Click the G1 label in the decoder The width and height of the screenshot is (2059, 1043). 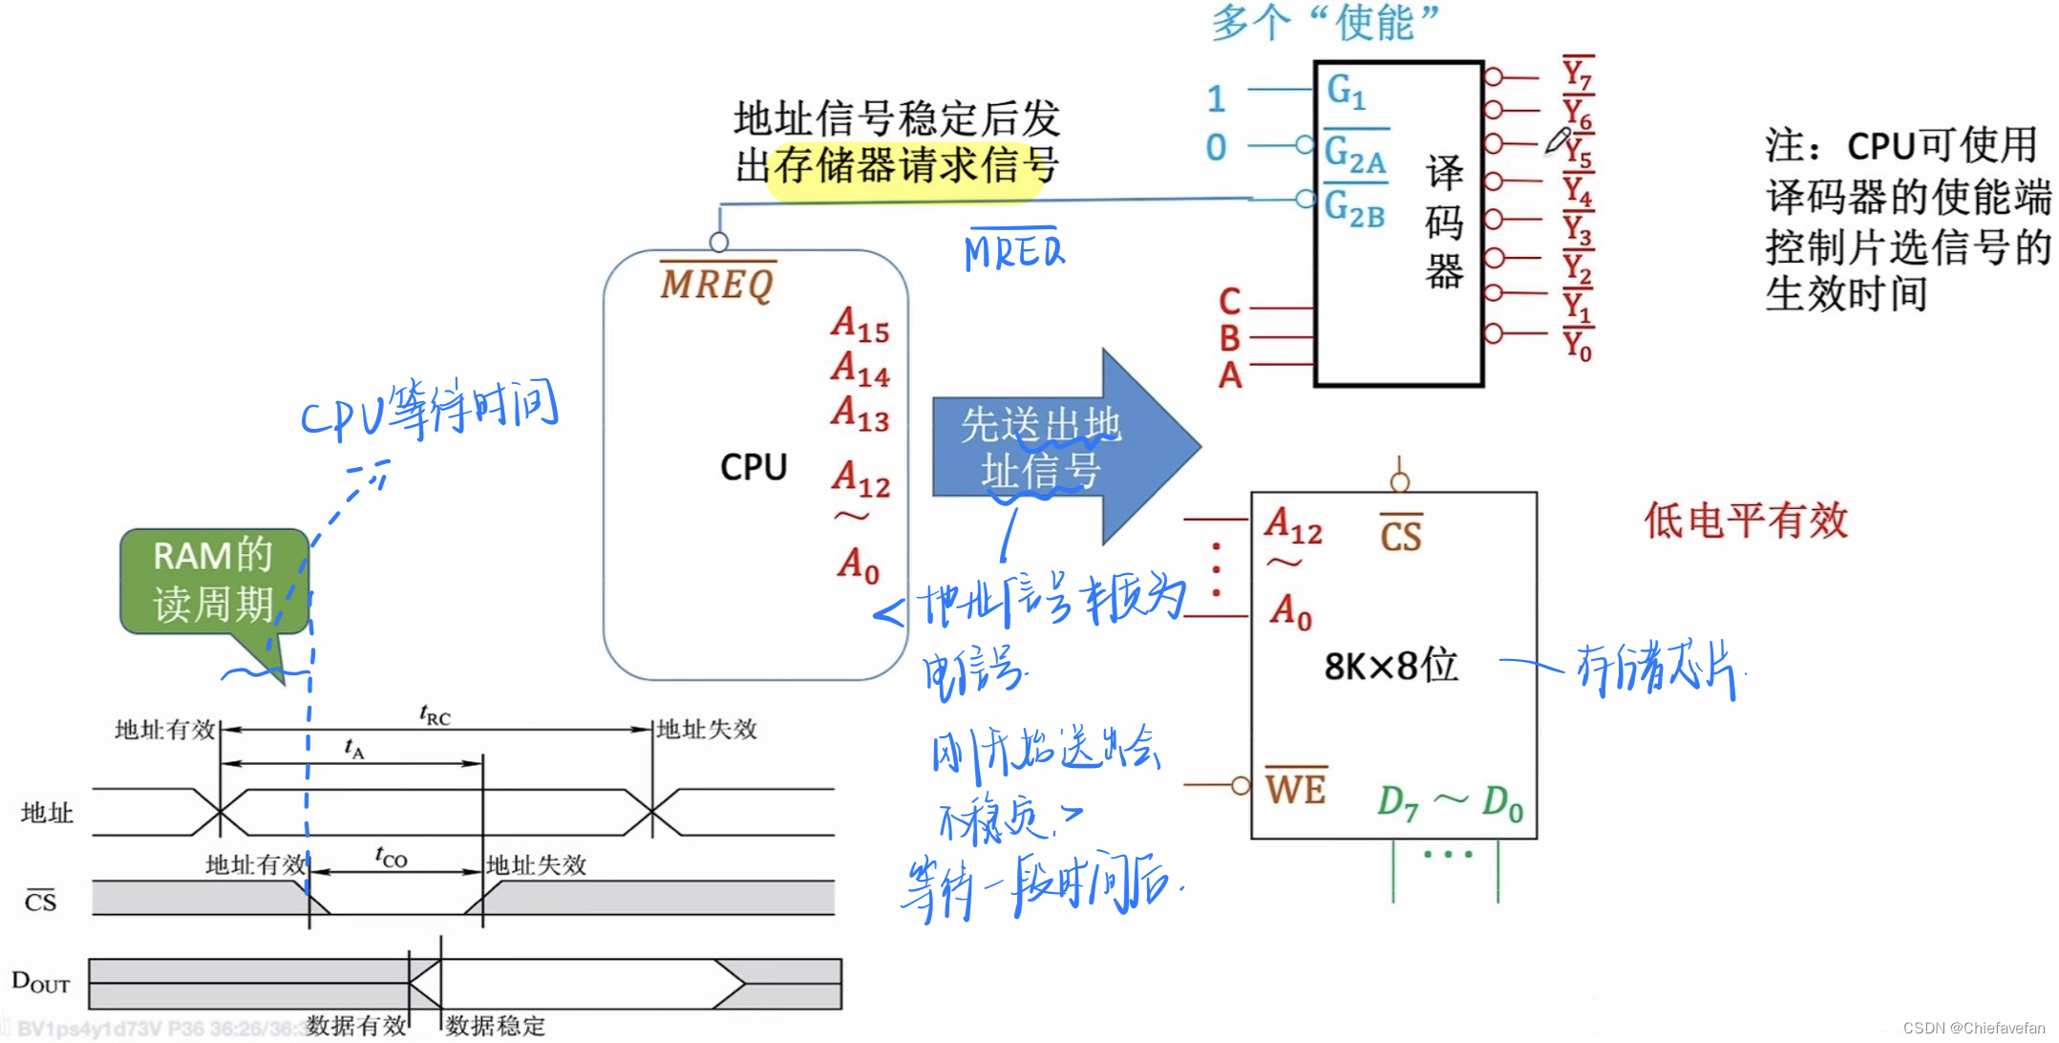[1346, 91]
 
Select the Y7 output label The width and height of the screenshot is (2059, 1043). [1577, 74]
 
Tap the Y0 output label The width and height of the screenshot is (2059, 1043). [1577, 345]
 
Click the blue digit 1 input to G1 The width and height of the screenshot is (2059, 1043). [1216, 98]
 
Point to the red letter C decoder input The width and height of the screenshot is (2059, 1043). [1230, 302]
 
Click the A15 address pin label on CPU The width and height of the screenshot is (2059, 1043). [860, 325]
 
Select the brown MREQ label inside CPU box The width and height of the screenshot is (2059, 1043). [717, 284]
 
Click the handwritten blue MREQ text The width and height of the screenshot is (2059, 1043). [1013, 252]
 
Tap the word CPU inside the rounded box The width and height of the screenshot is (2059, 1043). [754, 467]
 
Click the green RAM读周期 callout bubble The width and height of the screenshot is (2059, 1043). [214, 581]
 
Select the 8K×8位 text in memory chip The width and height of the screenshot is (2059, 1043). [1390, 666]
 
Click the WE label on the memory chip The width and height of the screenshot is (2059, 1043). [1296, 789]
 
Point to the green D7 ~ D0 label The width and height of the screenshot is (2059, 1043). [1450, 802]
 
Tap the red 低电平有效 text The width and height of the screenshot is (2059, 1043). [1746, 521]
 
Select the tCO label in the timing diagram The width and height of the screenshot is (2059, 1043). [391, 857]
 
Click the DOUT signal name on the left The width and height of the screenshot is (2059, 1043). [40, 982]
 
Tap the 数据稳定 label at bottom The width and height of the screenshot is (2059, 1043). [495, 1026]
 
